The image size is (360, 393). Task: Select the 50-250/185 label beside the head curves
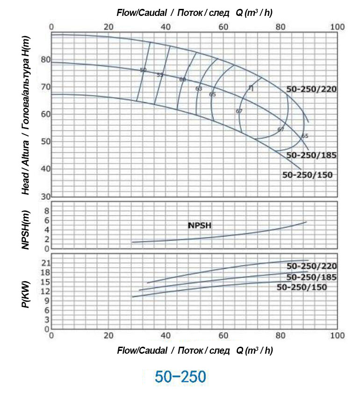tap(311, 155)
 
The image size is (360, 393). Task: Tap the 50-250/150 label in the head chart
tap(308, 175)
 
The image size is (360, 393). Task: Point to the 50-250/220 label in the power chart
tap(312, 266)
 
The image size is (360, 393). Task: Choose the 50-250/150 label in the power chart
tap(302, 287)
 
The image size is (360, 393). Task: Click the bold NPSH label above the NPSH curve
tap(200, 226)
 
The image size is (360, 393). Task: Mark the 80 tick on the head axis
tap(45, 59)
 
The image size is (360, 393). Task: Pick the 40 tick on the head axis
tap(45, 168)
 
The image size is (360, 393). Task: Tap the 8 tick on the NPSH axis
tap(47, 211)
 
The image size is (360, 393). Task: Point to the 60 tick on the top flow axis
tap(223, 27)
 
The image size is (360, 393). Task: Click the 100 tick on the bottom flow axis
tap(337, 335)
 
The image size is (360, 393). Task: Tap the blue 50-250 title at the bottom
tap(180, 376)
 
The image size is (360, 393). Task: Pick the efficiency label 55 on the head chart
tap(160, 75)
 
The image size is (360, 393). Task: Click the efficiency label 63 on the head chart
tap(199, 88)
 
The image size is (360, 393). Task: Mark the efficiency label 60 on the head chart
tap(182, 80)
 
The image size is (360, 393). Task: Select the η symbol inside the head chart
tap(251, 88)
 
